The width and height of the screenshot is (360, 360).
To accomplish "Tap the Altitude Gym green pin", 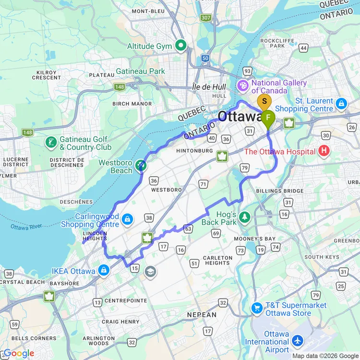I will pos(180,46).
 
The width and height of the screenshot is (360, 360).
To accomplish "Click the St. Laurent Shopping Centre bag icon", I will pos(341,103).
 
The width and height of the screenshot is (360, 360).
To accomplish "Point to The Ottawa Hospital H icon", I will pos(324,152).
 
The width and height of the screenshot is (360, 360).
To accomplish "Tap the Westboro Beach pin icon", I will pos(140,166).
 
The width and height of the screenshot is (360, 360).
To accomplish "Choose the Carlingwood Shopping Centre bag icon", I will pos(127,219).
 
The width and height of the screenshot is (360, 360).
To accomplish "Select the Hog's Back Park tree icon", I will pos(245,217).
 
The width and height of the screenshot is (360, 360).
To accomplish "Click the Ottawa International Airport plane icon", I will pos(298,340).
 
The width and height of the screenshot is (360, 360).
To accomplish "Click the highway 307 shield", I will pos(206,18).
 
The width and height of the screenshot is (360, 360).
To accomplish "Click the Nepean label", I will pos(202,314).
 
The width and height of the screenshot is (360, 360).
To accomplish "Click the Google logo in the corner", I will pos(18,354).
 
